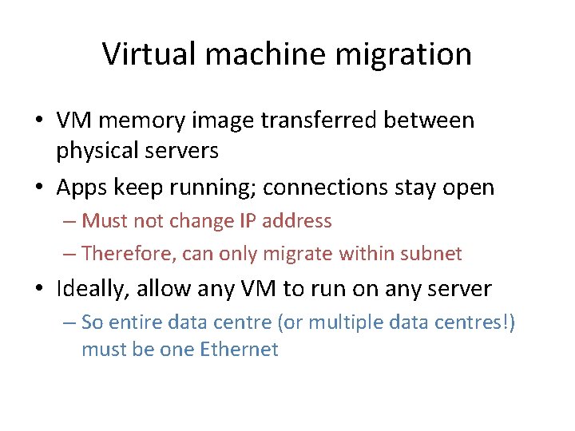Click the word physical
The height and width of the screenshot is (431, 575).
(101, 149)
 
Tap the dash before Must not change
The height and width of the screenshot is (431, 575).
(69, 221)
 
